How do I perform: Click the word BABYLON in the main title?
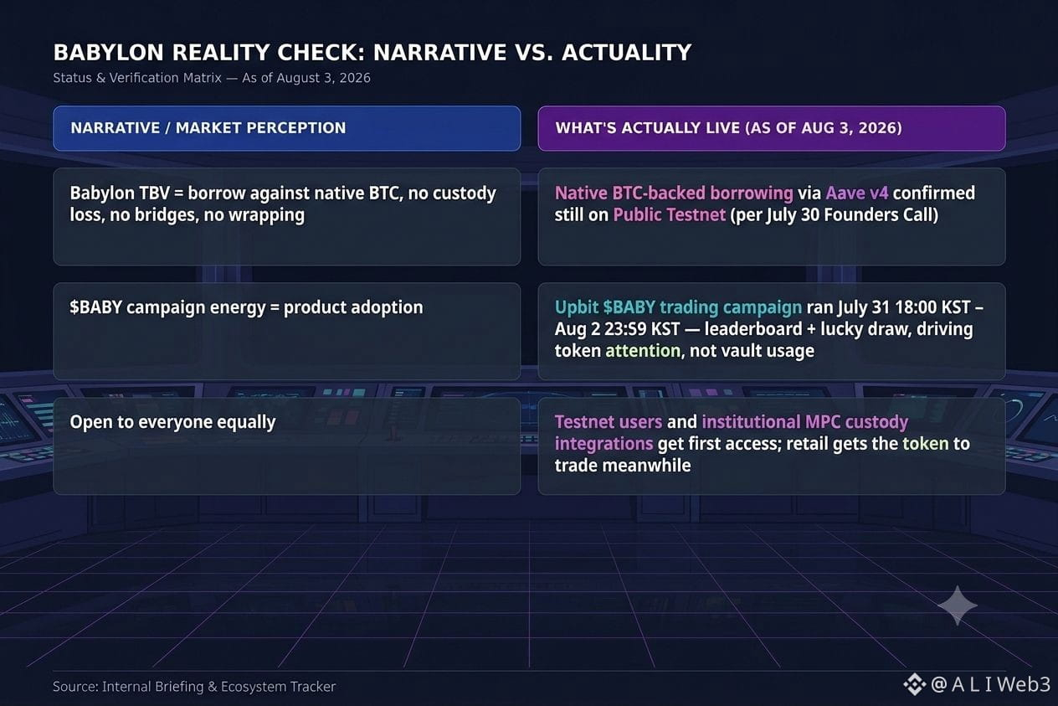(x=108, y=52)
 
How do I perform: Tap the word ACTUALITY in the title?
(x=627, y=52)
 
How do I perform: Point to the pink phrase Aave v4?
(x=857, y=193)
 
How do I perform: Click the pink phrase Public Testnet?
(x=670, y=215)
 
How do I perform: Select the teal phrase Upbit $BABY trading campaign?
(x=678, y=307)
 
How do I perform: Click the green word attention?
(x=643, y=351)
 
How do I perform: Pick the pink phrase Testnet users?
(x=609, y=421)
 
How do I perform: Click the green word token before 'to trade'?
(x=925, y=443)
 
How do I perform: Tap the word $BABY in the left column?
(x=95, y=307)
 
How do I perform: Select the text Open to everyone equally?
(x=172, y=422)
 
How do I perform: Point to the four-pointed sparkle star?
(x=957, y=606)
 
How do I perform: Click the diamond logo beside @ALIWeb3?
(x=914, y=684)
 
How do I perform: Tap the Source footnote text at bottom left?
(x=194, y=686)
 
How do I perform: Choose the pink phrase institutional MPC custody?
(x=805, y=421)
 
